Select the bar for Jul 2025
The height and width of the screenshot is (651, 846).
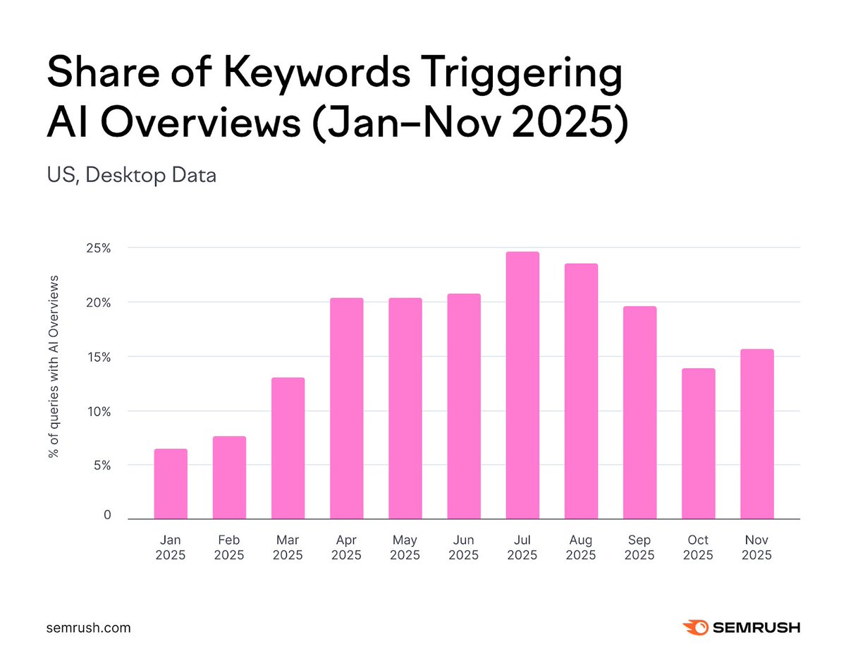click(522, 385)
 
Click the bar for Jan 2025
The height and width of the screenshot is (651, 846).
click(171, 484)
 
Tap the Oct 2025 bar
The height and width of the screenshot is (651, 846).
click(698, 444)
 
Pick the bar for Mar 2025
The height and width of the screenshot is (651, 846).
click(288, 449)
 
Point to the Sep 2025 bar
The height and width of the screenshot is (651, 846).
click(639, 413)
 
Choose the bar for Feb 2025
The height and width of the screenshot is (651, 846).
click(229, 477)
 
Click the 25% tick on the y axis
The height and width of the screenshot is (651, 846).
click(98, 248)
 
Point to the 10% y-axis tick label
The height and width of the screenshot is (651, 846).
click(98, 411)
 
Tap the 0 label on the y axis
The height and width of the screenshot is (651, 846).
click(107, 516)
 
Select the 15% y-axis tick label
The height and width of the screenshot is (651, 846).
click(98, 357)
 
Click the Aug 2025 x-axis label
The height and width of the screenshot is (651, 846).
click(581, 547)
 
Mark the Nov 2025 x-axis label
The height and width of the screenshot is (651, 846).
click(756, 547)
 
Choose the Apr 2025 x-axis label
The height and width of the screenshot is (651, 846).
click(346, 547)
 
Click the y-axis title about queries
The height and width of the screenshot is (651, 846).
click(53, 366)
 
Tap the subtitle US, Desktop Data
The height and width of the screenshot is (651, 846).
click(131, 174)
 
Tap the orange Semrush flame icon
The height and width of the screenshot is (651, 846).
click(696, 627)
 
